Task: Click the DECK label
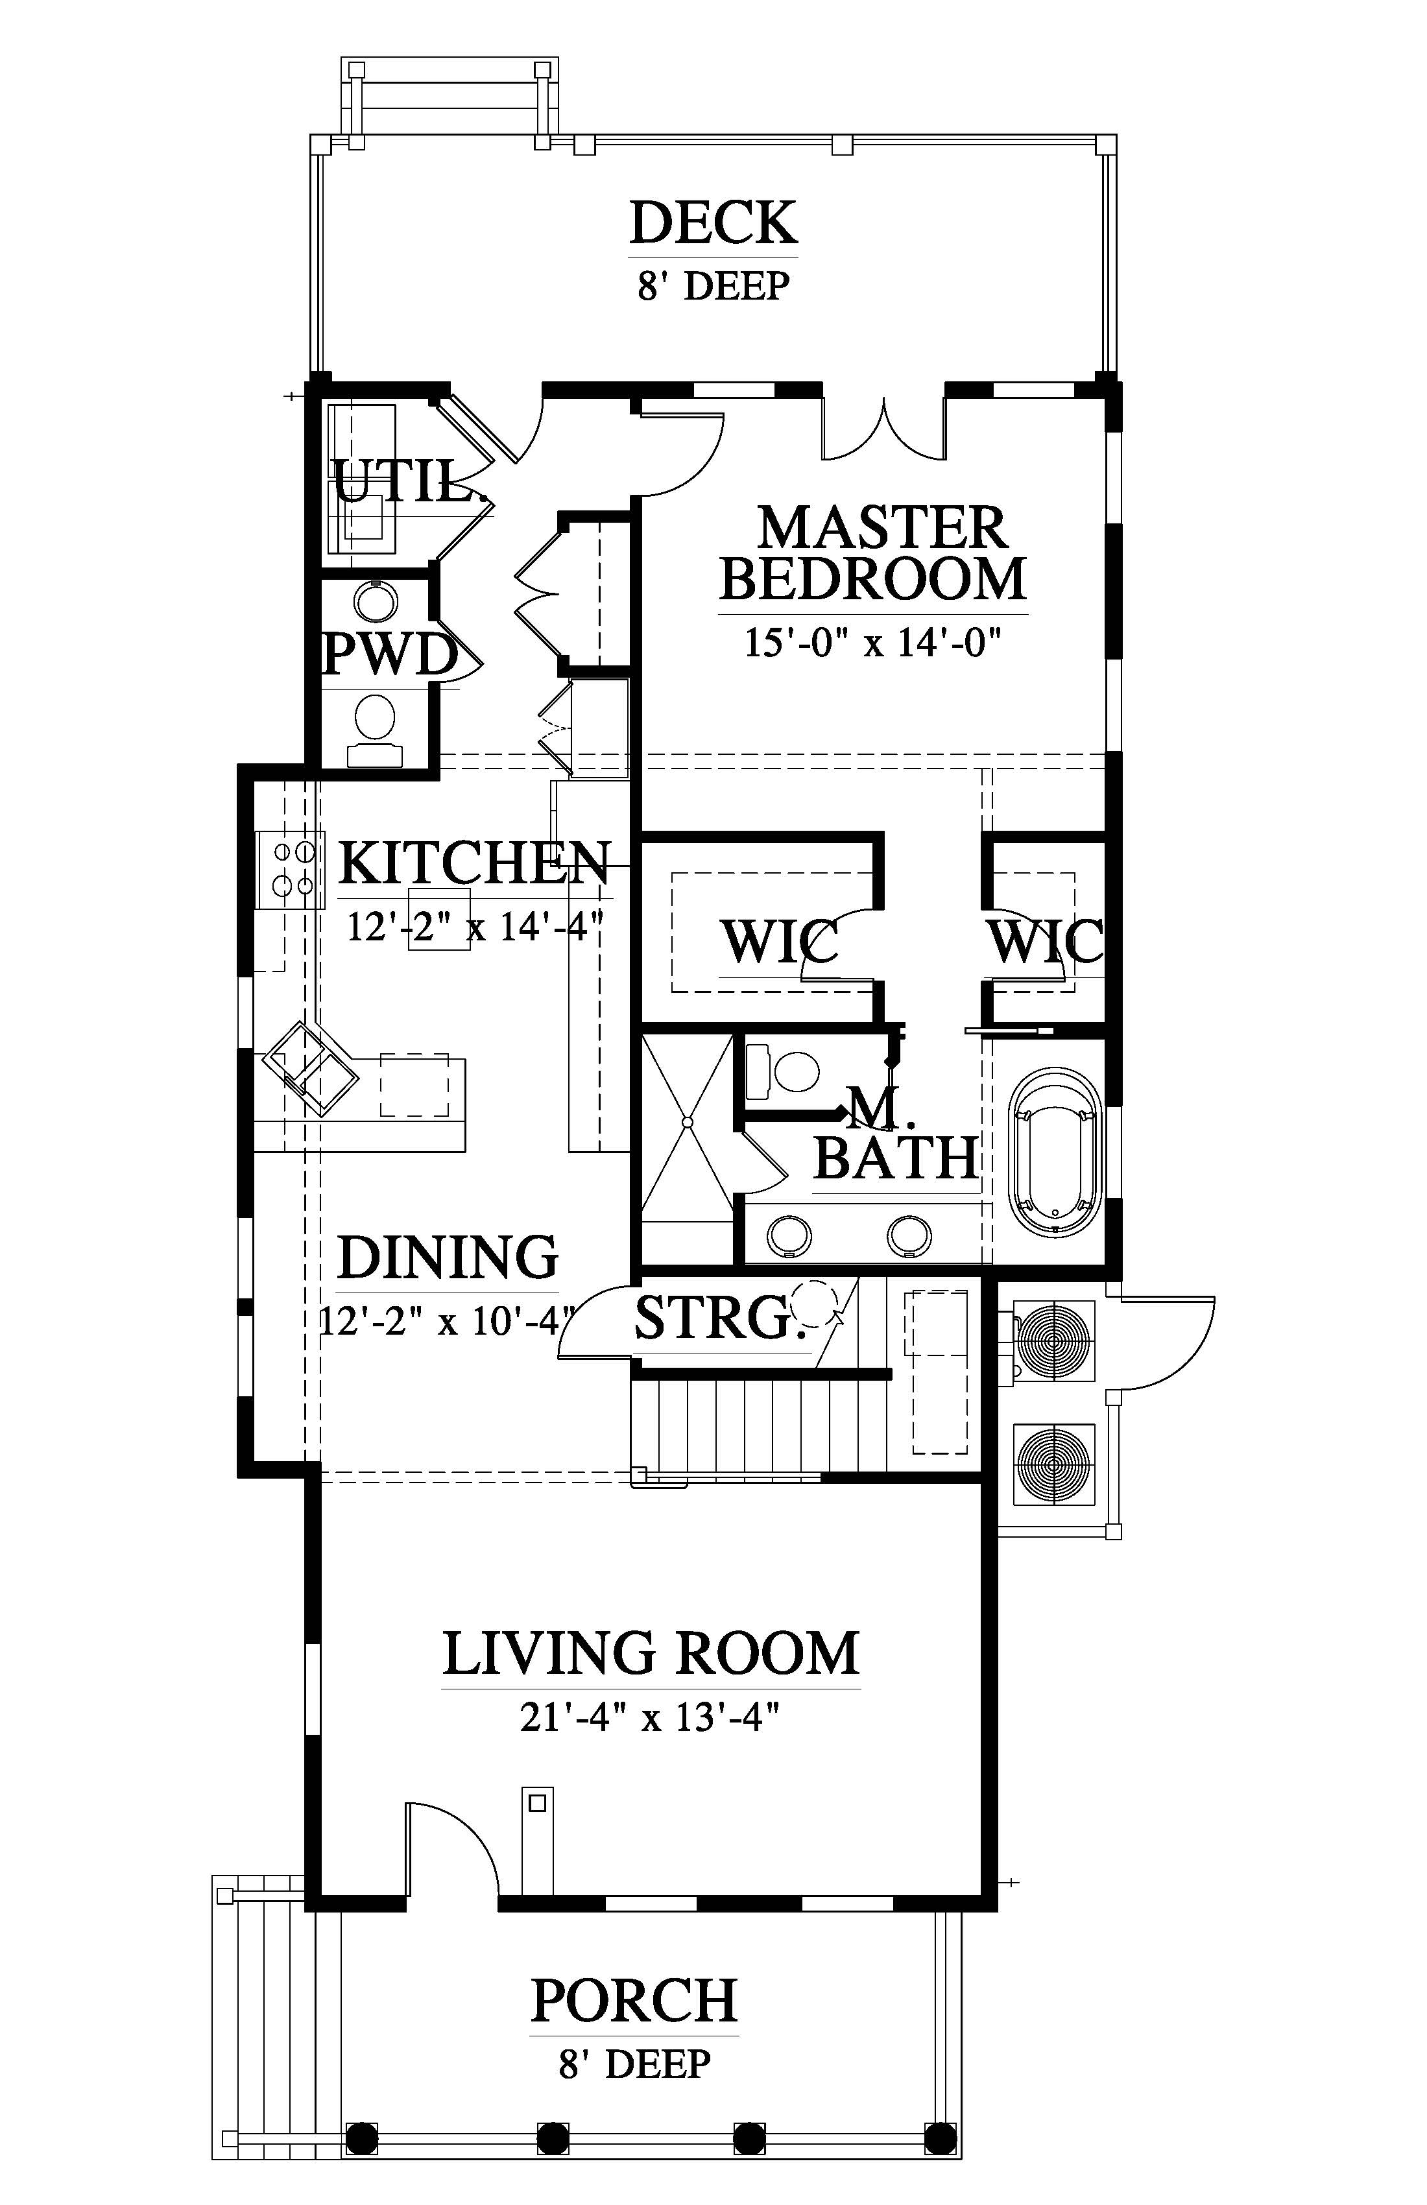tap(713, 222)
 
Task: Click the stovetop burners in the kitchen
tap(291, 869)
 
